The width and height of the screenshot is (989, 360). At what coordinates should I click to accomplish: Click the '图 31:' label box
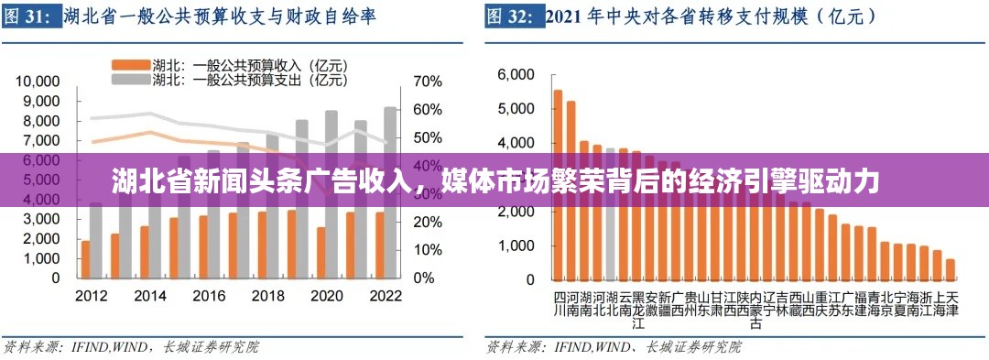[x=28, y=17]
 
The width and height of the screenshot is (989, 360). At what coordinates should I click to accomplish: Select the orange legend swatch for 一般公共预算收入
[x=129, y=65]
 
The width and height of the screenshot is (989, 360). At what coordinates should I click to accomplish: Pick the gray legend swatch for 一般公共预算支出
[x=129, y=80]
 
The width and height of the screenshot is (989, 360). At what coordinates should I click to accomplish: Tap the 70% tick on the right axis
[x=427, y=82]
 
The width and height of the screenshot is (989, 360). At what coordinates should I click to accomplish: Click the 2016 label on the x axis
[x=209, y=297]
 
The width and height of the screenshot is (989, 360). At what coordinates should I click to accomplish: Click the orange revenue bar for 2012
[x=86, y=259]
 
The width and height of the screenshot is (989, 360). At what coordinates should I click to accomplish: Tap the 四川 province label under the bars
[x=560, y=304]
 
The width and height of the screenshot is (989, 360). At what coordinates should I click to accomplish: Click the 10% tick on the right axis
[x=427, y=250]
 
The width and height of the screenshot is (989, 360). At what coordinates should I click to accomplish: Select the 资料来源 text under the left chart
[x=27, y=346]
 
